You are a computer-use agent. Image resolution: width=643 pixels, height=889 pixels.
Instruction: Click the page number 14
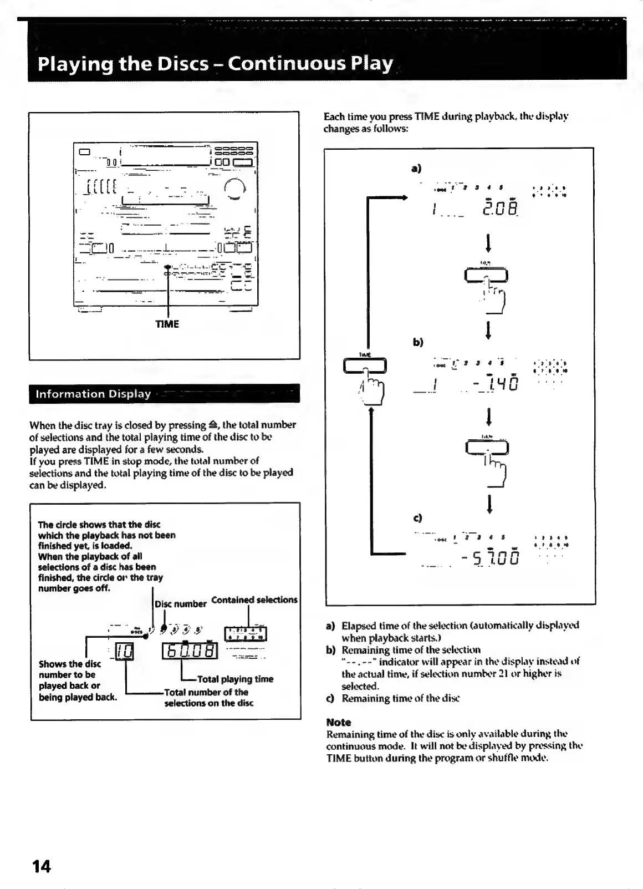click(x=41, y=866)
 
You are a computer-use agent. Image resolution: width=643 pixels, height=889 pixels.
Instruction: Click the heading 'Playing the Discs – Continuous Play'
click(x=215, y=64)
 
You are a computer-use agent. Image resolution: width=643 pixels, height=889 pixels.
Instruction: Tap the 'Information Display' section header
click(x=93, y=394)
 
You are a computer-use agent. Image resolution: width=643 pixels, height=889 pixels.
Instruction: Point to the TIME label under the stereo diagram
click(x=167, y=324)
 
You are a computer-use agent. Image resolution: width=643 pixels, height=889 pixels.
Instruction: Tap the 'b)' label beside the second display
click(x=418, y=342)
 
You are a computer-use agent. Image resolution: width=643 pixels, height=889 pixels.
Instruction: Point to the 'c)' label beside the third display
click(x=417, y=518)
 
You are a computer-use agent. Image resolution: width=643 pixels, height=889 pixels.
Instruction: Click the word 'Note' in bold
click(x=339, y=722)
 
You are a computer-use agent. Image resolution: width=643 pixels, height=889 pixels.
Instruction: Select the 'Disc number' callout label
click(x=181, y=604)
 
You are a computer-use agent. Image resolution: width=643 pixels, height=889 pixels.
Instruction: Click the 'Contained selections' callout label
click(x=254, y=600)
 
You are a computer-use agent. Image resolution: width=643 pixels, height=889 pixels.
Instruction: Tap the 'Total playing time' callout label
click(x=235, y=679)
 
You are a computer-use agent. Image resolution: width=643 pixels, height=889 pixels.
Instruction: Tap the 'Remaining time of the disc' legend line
click(x=397, y=698)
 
